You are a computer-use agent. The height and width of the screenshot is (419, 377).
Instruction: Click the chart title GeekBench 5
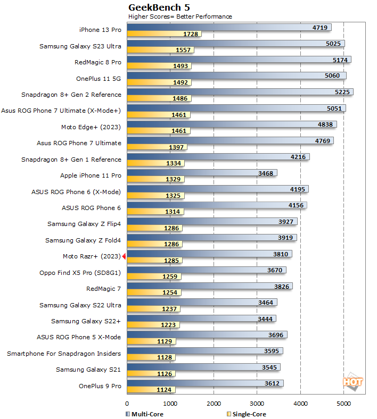(159, 7)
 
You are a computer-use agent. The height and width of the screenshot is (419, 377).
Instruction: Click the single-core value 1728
(191, 34)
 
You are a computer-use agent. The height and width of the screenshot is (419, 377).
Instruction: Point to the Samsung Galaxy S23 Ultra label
(80, 46)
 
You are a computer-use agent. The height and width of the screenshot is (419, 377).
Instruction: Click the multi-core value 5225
(340, 92)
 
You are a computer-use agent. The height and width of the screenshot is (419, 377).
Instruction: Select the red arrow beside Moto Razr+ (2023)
(124, 257)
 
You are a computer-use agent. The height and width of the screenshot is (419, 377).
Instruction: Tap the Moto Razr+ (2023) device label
(92, 256)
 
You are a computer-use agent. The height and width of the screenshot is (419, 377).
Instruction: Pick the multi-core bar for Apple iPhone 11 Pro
(202, 173)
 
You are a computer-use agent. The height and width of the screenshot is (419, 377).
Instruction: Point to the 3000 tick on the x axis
(257, 404)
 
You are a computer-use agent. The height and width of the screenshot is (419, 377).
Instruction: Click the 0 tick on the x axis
(127, 404)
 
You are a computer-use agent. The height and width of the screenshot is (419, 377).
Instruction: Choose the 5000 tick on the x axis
(343, 404)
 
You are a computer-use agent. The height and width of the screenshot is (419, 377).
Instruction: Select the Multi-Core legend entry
(144, 414)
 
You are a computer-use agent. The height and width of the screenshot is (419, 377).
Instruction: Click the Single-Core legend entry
(246, 414)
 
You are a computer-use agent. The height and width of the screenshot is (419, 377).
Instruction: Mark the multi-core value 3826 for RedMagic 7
(280, 287)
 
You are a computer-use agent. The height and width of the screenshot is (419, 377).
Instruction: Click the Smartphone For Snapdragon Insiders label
(64, 354)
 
